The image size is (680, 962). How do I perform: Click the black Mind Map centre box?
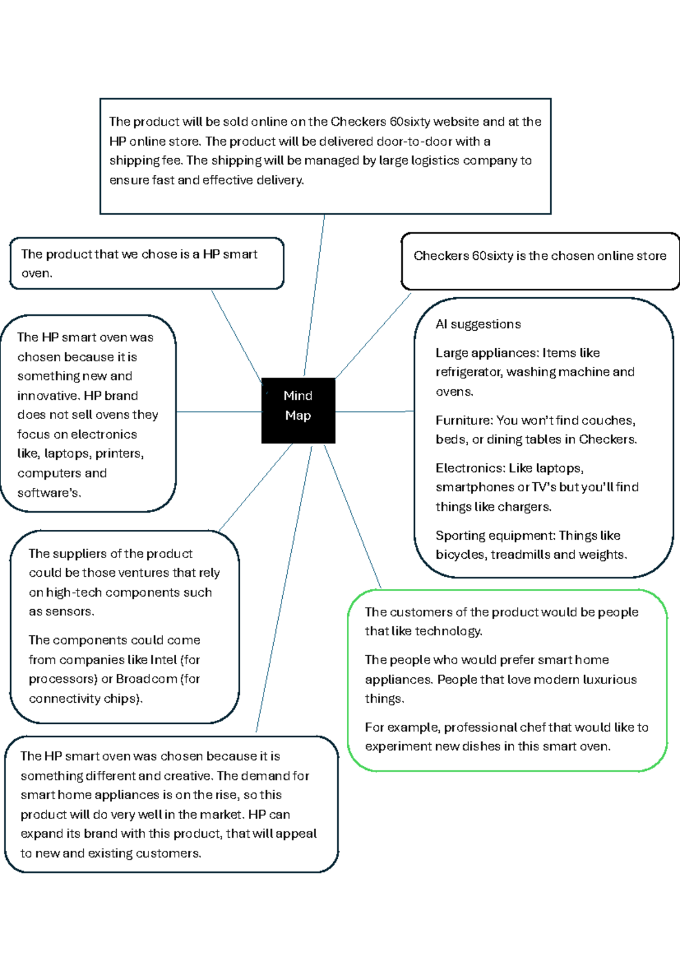click(x=298, y=410)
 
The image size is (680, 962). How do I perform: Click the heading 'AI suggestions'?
click(x=478, y=324)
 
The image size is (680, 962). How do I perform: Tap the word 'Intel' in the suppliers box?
click(x=163, y=660)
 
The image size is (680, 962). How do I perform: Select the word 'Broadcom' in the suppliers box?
click(x=146, y=679)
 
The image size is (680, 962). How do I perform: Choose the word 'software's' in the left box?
click(x=48, y=492)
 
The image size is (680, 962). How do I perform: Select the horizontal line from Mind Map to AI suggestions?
click(x=374, y=411)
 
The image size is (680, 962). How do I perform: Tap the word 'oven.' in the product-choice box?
click(x=37, y=273)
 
